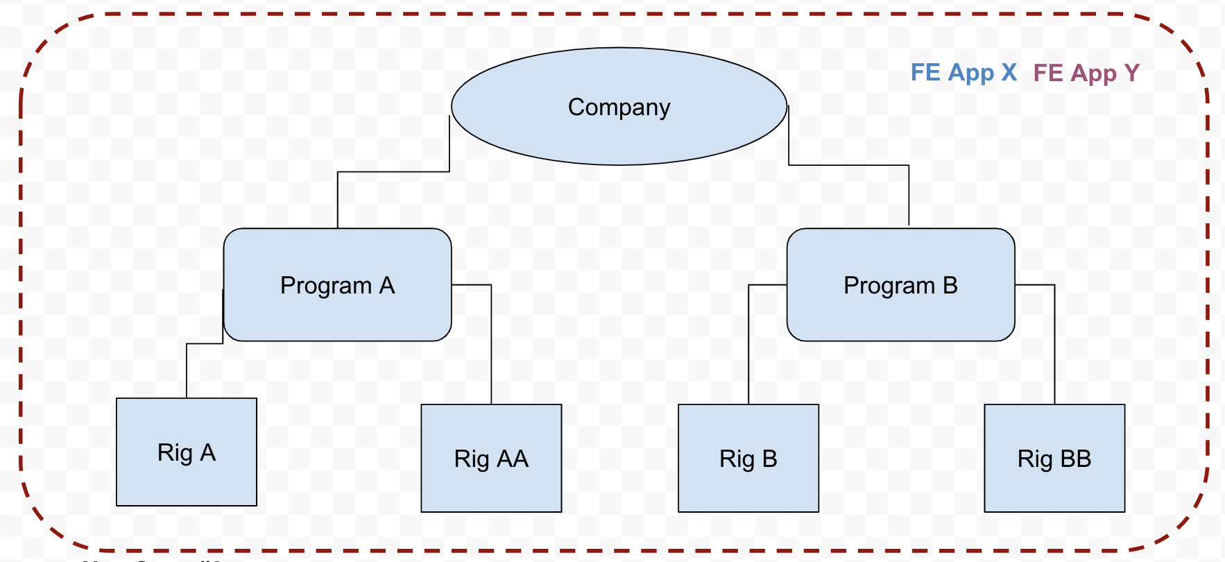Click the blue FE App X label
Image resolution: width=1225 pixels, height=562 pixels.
tap(963, 73)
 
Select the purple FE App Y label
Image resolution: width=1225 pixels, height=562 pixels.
tap(1086, 73)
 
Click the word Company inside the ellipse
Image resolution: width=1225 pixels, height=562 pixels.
tap(619, 108)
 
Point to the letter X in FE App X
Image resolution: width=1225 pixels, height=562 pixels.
tap(1009, 72)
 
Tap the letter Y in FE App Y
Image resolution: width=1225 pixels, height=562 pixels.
tap(1131, 73)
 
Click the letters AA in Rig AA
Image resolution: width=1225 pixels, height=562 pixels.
tap(513, 459)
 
